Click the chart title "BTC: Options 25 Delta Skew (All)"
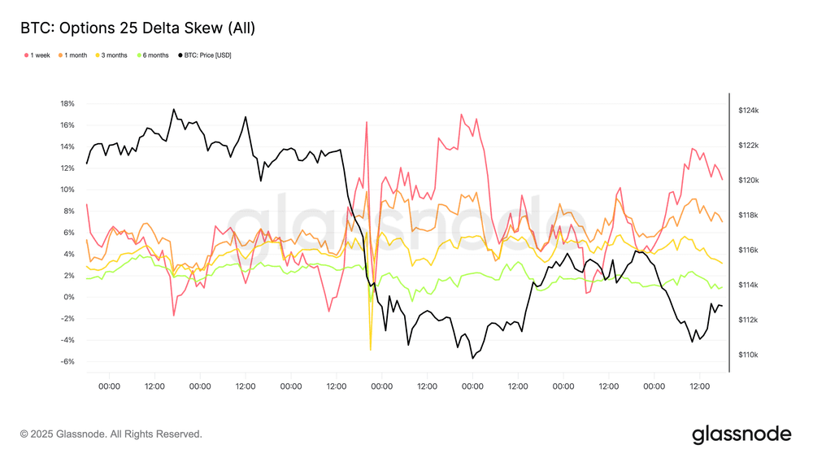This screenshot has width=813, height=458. point(137,28)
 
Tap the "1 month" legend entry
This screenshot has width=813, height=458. point(76,55)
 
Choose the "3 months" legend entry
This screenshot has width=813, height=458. point(114,55)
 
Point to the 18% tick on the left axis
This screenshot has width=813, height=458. point(67,104)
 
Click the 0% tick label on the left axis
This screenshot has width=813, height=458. point(69,297)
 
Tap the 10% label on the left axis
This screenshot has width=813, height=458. point(67,190)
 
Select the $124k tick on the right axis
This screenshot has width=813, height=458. point(748,110)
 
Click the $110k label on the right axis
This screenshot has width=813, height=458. point(748,355)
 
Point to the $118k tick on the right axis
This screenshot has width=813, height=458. point(748,215)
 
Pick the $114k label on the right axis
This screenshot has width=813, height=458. point(748,285)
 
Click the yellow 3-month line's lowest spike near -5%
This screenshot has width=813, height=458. point(370,350)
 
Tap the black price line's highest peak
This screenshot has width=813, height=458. point(173,109)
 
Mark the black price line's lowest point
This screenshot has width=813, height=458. point(472,358)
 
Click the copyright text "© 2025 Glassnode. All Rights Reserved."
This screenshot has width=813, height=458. point(111,434)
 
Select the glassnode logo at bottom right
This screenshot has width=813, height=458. point(741,434)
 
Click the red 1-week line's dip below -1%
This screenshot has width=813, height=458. point(174,315)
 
